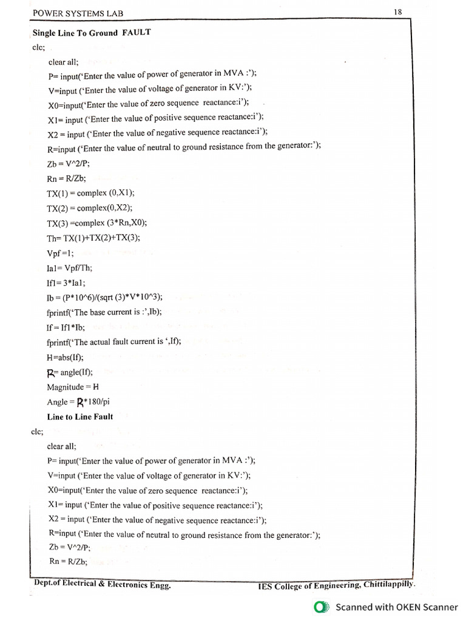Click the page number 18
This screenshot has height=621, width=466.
pyautogui.click(x=398, y=12)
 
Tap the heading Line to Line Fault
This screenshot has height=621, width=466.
pyautogui.click(x=80, y=417)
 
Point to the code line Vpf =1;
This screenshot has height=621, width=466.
pyautogui.click(x=60, y=253)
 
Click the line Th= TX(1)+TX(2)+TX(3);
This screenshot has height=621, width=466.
pyautogui.click(x=93, y=238)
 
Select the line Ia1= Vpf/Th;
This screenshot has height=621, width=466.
pyautogui.click(x=70, y=267)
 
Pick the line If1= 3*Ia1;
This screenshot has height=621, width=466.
pyautogui.click(x=66, y=282)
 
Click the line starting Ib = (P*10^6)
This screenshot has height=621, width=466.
pyautogui.click(x=104, y=297)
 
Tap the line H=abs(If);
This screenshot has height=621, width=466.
pyautogui.click(x=65, y=357)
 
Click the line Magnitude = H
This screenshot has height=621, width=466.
pyautogui.click(x=73, y=387)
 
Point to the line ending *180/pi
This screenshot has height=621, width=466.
pyautogui.click(x=78, y=402)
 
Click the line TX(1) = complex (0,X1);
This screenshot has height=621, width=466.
pyautogui.click(x=90, y=193)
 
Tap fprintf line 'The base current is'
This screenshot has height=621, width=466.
pyautogui.click(x=107, y=312)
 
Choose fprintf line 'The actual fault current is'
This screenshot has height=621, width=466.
pyautogui.click(x=114, y=342)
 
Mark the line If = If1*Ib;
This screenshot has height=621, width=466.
pyautogui.click(x=65, y=327)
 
